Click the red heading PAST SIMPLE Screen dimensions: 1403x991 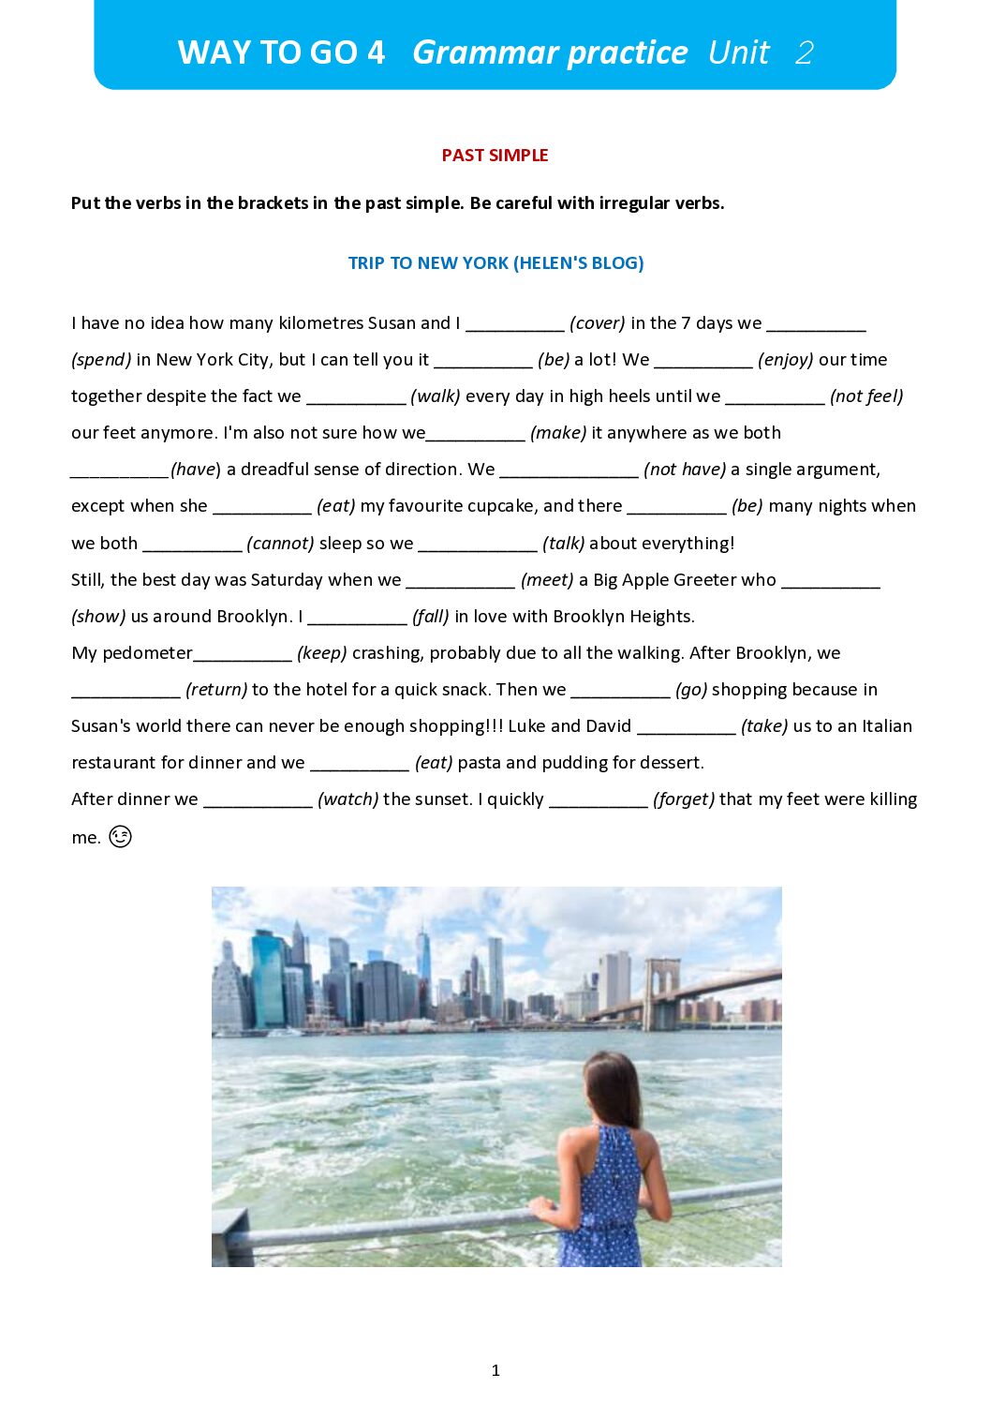495,156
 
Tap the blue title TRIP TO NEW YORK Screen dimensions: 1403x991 495,263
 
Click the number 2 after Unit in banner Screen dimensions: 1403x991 804,52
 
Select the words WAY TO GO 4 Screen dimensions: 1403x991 281,52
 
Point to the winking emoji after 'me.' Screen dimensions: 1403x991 120,837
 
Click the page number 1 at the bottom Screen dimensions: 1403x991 495,1370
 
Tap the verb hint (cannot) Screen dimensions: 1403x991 280,544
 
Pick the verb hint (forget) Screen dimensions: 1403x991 684,799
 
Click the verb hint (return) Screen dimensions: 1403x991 216,690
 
